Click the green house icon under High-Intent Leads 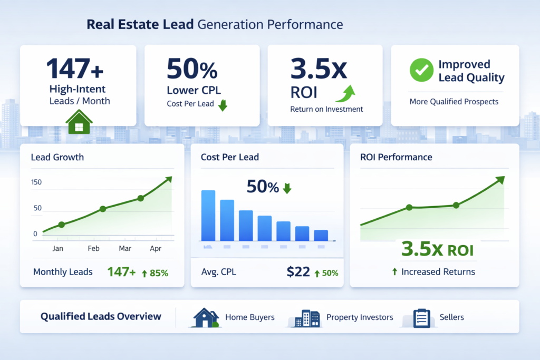click(79, 125)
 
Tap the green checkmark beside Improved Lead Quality click(421, 71)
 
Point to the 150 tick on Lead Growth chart click(36, 182)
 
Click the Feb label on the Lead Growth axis click(94, 248)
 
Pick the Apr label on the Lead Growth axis click(156, 248)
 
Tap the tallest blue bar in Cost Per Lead click(208, 215)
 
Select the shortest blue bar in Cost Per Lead click(321, 235)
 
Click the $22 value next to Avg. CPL click(298, 272)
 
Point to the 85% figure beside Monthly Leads click(158, 273)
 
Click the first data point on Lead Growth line click(61, 225)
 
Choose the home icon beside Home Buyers click(206, 317)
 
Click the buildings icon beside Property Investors click(306, 318)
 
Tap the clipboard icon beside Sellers click(420, 318)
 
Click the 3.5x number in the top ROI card click(315, 69)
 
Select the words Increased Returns click(438, 272)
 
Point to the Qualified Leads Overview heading click(101, 317)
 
